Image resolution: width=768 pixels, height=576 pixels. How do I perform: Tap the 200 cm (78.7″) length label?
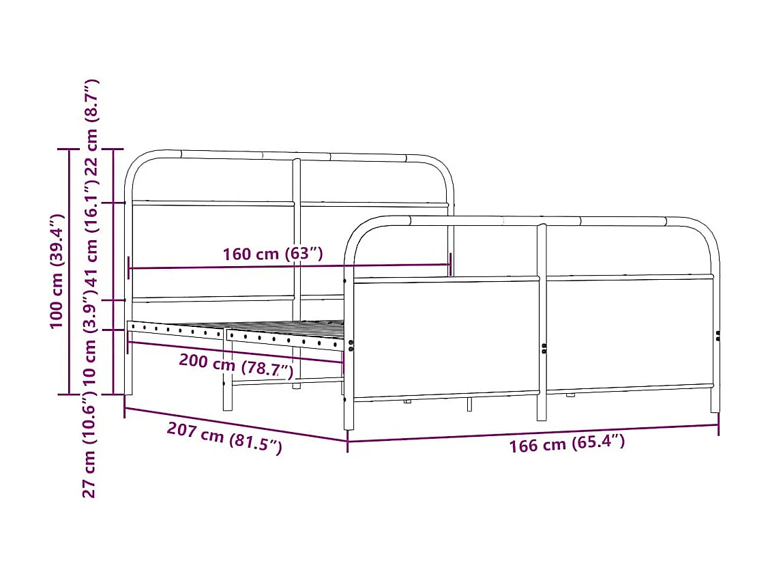tap(236, 365)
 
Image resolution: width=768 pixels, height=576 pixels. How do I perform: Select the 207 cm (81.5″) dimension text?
tap(224, 439)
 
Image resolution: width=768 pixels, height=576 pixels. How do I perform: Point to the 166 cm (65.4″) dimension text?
tap(566, 444)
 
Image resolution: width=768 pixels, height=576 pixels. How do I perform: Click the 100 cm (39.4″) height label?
tap(57, 271)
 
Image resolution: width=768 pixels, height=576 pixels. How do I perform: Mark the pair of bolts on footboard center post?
tap(544, 349)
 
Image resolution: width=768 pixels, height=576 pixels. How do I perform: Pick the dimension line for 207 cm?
tap(235, 424)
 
